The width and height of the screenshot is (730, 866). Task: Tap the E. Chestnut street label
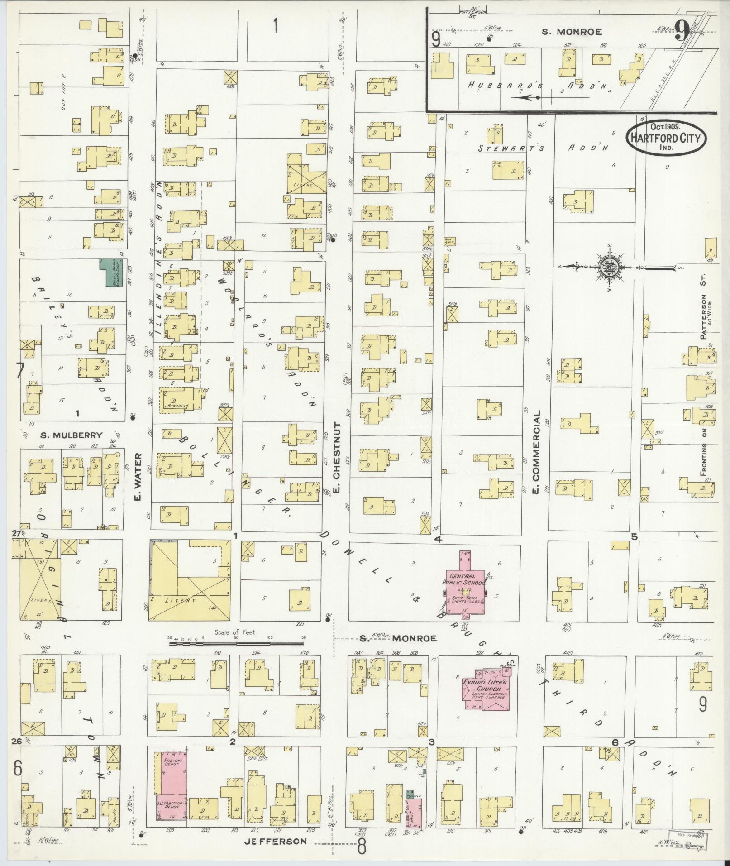338,458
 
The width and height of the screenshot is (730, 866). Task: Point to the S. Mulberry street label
71,435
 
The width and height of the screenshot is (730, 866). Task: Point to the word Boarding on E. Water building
177,406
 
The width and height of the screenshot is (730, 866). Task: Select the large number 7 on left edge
19,371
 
